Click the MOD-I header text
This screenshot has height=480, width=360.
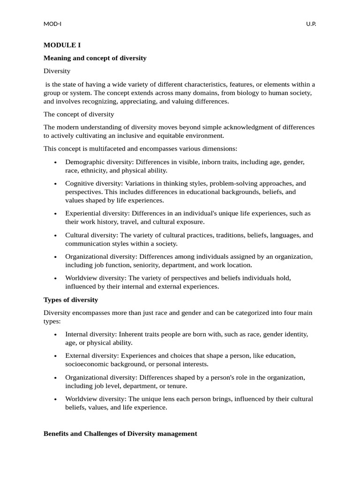[52, 24]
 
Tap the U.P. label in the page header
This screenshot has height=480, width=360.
[311, 24]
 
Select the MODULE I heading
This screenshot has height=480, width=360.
[62, 45]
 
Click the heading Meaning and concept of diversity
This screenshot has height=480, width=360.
[95, 58]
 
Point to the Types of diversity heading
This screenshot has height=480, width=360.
[71, 300]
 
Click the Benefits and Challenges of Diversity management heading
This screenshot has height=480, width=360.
[120, 434]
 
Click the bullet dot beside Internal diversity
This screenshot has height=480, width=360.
[55, 335]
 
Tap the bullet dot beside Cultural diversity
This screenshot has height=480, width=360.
[55, 236]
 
